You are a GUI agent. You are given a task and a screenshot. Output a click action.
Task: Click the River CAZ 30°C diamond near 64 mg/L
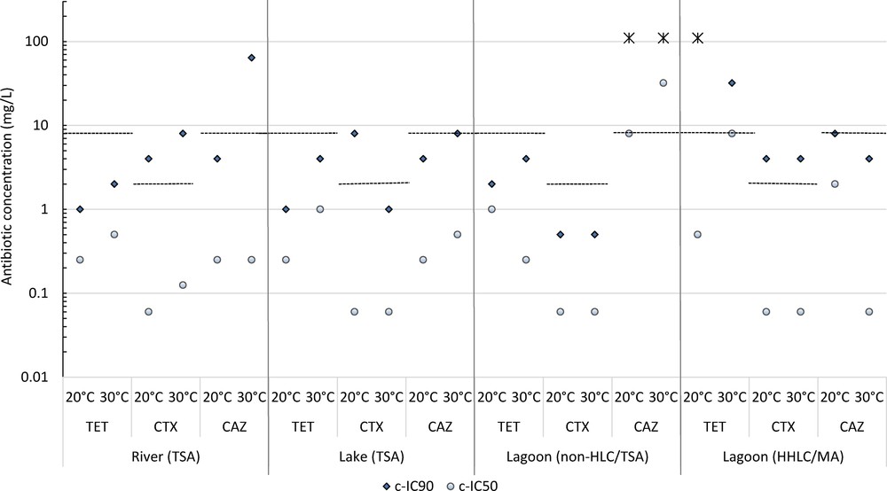pos(251,58)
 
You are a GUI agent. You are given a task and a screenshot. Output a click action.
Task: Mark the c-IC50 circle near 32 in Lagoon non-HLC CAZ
pos(663,83)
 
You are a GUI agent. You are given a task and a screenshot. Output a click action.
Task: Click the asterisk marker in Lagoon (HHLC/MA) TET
pos(697,38)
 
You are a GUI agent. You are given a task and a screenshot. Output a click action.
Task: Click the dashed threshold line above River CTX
pos(166,183)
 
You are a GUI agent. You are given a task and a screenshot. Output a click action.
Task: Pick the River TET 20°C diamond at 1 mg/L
pos(80,209)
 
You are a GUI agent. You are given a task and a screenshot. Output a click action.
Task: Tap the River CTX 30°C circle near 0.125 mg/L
pos(183,285)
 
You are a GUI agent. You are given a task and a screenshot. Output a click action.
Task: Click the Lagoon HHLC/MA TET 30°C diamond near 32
pos(732,83)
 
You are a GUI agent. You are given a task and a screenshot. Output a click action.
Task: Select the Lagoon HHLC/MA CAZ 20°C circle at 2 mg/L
pos(835,184)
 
